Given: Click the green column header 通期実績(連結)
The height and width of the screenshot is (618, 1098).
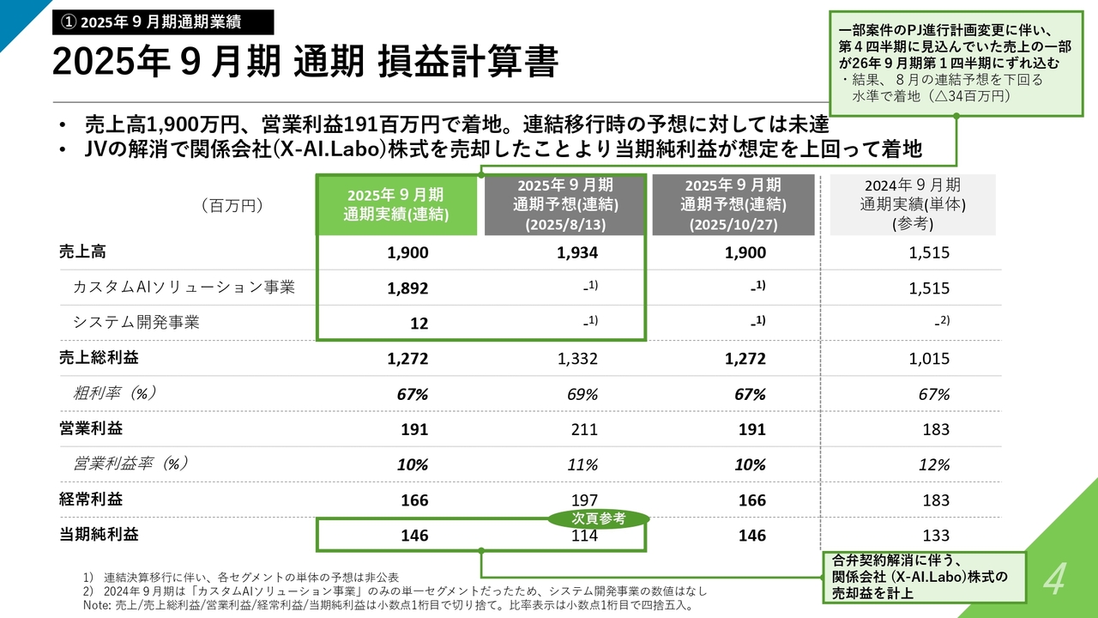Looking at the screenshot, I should coord(395,205).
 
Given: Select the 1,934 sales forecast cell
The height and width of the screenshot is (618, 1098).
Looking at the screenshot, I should coord(576,253).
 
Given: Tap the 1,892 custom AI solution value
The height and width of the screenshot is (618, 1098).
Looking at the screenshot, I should coord(407,289).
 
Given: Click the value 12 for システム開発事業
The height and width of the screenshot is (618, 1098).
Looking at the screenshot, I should coord(419,324).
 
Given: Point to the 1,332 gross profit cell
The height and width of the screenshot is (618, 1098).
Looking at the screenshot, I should coord(576,359).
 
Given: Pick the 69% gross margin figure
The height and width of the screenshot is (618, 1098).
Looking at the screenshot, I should coord(582,394).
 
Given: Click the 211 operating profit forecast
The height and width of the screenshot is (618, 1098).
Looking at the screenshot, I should coord(582,429).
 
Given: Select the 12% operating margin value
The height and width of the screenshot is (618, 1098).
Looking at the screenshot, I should coord(933,464).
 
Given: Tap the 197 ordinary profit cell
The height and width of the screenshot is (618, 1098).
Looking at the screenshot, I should coord(582,500).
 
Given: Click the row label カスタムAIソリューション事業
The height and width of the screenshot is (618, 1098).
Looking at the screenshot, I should coord(184,288).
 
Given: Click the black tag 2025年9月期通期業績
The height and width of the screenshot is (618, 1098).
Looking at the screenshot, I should coord(162,21).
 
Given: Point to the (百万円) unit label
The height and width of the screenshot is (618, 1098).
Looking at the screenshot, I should coord(232,205).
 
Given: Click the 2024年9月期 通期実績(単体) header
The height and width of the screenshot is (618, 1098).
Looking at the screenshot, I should coord(912,205).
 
